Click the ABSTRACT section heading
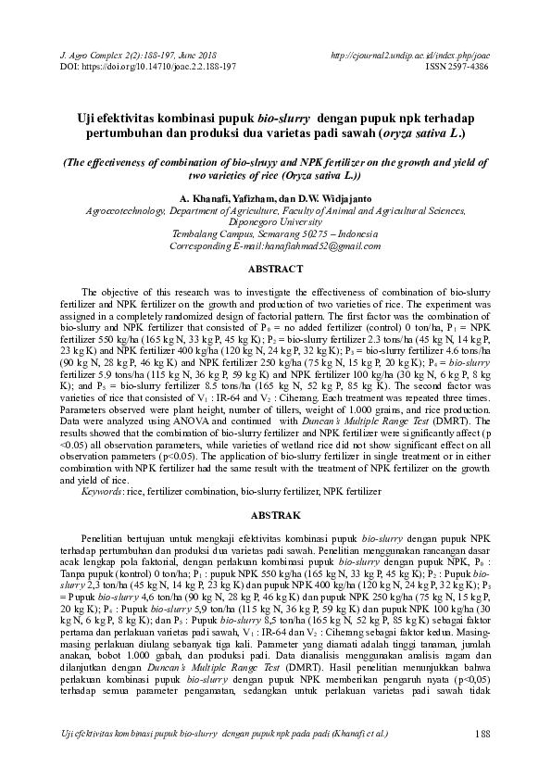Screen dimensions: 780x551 click(x=275, y=269)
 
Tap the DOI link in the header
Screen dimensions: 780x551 click(x=148, y=68)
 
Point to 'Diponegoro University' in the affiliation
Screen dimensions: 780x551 click(x=275, y=221)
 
